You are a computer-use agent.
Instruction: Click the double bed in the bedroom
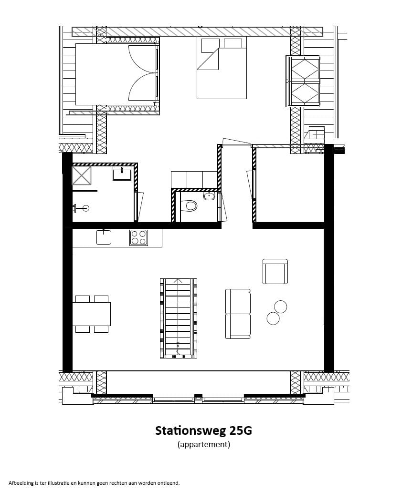click(x=222, y=74)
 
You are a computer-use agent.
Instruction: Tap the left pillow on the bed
click(x=210, y=45)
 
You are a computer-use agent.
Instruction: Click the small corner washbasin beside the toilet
click(x=209, y=196)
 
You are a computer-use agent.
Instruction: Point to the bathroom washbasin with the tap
click(x=122, y=174)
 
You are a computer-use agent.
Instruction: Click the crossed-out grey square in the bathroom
click(x=81, y=175)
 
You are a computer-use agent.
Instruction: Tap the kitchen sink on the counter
click(x=104, y=237)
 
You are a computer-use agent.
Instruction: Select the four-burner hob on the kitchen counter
click(x=138, y=237)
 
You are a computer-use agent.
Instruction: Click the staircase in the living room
click(x=178, y=318)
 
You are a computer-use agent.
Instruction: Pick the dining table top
click(x=91, y=314)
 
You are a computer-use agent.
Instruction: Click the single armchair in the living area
click(x=275, y=272)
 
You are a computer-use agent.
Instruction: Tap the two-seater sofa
click(x=238, y=313)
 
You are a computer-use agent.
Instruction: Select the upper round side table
click(x=281, y=307)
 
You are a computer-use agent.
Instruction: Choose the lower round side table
click(x=273, y=318)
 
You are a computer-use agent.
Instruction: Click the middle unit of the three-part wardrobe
click(x=194, y=179)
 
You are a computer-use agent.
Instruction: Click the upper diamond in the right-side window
click(x=305, y=69)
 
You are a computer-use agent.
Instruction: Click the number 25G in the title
click(x=241, y=430)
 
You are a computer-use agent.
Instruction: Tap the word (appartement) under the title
click(x=204, y=445)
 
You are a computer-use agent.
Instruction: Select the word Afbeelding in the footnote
click(x=21, y=483)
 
